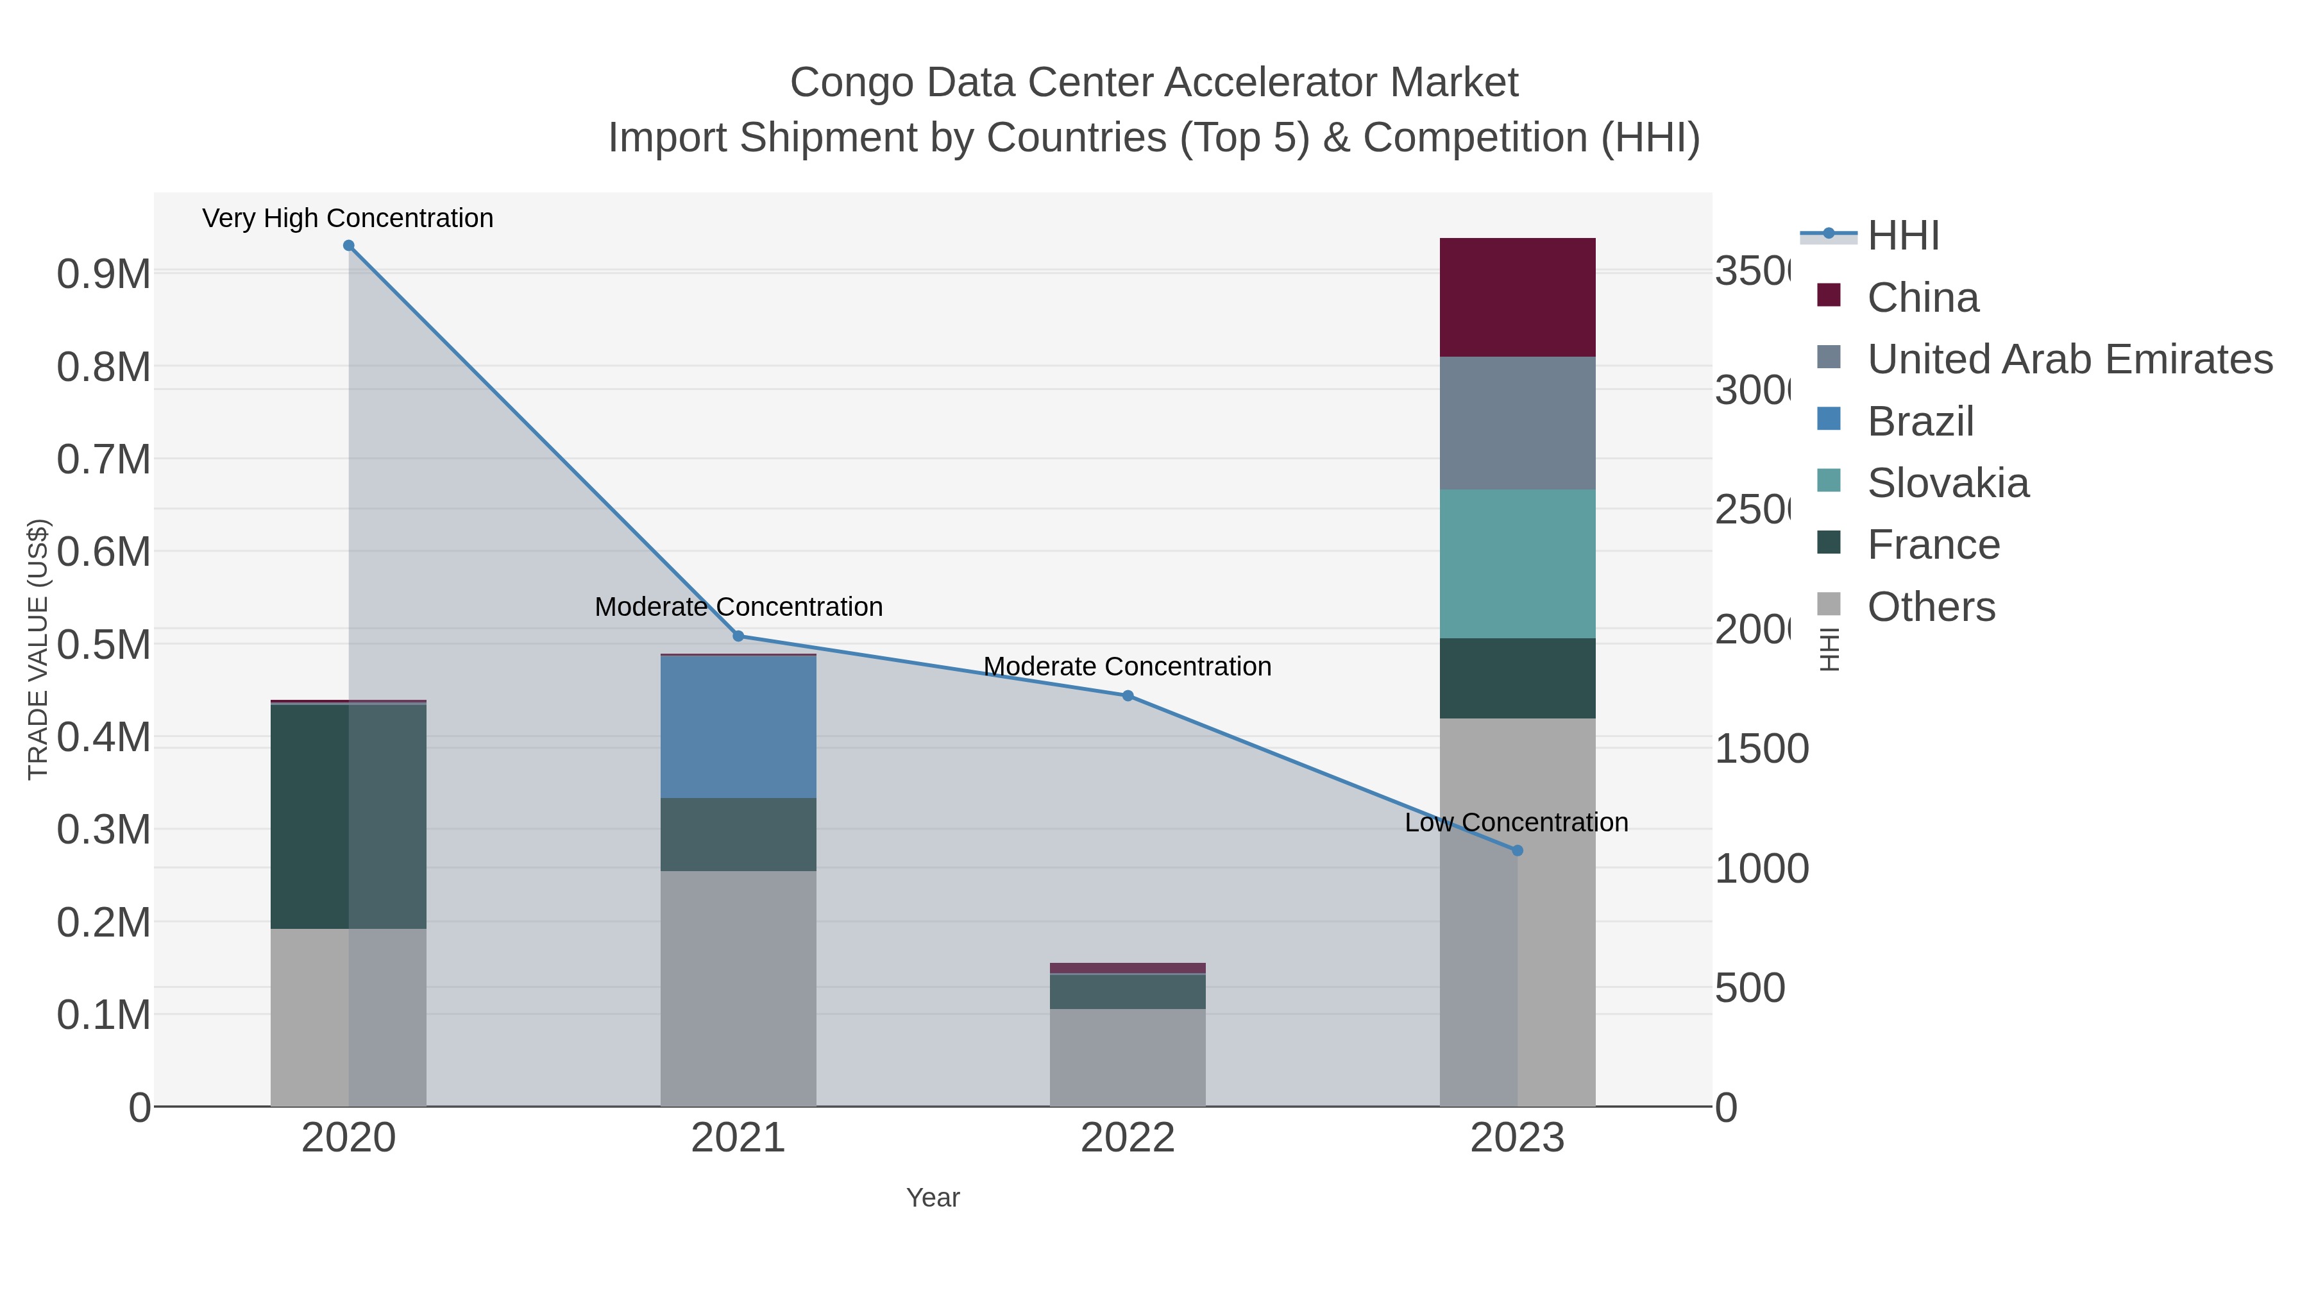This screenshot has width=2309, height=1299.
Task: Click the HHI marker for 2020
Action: pyautogui.click(x=349, y=246)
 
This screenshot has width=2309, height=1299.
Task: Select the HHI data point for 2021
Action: pyautogui.click(x=739, y=636)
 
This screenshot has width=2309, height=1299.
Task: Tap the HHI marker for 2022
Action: pyautogui.click(x=1128, y=695)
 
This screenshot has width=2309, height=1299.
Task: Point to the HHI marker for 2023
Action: pyautogui.click(x=1518, y=851)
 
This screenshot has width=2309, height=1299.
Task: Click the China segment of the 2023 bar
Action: pyautogui.click(x=1518, y=298)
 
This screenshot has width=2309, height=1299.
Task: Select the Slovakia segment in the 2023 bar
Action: pyautogui.click(x=1518, y=564)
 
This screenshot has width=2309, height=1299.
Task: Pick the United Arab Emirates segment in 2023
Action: pyautogui.click(x=1518, y=423)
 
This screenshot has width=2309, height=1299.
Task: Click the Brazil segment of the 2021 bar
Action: pyautogui.click(x=739, y=727)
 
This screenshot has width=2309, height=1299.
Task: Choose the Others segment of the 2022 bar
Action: pyautogui.click(x=1128, y=1058)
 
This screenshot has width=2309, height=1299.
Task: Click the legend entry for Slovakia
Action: pyautogui.click(x=1948, y=483)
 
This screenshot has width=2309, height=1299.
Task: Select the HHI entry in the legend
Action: pyautogui.click(x=1903, y=236)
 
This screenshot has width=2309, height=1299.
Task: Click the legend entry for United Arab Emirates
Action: pyautogui.click(x=2068, y=359)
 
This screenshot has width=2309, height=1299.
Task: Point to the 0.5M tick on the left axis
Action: pyautogui.click(x=103, y=645)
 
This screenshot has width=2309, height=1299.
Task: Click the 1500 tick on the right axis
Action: pyautogui.click(x=1761, y=749)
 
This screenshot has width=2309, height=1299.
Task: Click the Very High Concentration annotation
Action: pyautogui.click(x=348, y=219)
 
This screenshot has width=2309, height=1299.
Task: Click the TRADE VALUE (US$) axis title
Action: pyautogui.click(x=38, y=649)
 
